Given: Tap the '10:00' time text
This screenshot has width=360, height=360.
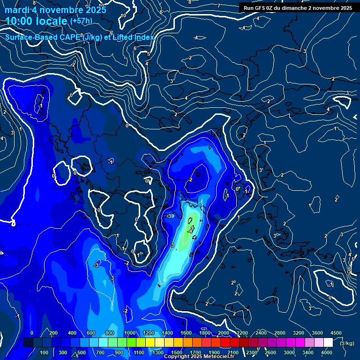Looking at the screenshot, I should tap(22, 21).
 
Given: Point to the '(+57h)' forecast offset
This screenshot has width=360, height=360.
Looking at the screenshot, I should tap(81, 21).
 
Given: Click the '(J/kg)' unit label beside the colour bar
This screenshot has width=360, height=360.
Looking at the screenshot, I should tap(347, 343).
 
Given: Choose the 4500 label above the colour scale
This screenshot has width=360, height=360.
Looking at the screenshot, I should tap(336, 333).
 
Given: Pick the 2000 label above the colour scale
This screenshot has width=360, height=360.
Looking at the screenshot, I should tap(223, 333).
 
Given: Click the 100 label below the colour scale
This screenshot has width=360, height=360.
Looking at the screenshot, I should tap(44, 352).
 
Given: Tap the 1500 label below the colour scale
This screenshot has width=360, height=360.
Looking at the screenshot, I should tap(177, 352).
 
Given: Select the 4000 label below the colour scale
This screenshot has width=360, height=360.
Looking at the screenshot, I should tap(327, 352).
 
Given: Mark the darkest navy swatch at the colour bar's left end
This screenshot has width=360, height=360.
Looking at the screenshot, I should tap(28, 343).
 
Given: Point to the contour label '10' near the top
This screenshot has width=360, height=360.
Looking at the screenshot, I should tap(123, 15).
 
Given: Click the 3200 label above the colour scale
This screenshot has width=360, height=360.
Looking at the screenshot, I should tap(299, 333).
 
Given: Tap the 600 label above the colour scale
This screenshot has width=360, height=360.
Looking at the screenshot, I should tap(91, 333).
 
